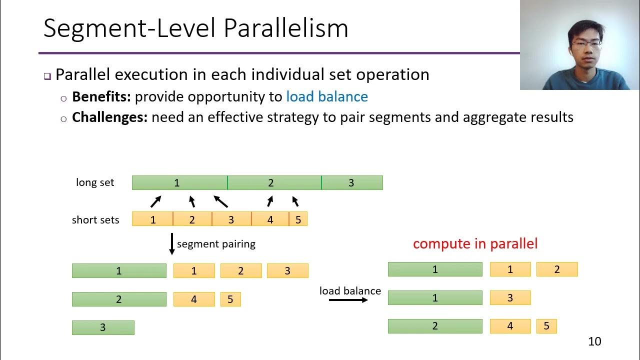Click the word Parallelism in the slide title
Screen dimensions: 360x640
pyautogui.click(x=285, y=28)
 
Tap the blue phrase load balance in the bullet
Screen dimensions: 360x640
pyautogui.click(x=326, y=96)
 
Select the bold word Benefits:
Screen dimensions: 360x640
pyautogui.click(x=101, y=96)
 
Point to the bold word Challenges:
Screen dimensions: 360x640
pyautogui.click(x=109, y=117)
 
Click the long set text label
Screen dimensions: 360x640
pyautogui.click(x=95, y=182)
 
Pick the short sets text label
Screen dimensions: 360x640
pyautogui.click(x=95, y=220)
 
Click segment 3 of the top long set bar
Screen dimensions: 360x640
pyautogui.click(x=351, y=183)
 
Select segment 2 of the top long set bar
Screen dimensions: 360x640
pyautogui.click(x=274, y=183)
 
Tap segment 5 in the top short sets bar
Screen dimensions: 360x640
pyautogui.click(x=298, y=219)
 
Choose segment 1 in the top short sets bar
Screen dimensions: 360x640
pyautogui.click(x=152, y=219)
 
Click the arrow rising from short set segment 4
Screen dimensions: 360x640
pyautogui.click(x=270, y=201)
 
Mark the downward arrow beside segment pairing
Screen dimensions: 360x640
pyautogui.click(x=171, y=244)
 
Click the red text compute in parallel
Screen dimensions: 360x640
pyautogui.click(x=475, y=244)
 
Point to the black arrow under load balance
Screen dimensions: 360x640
pyautogui.click(x=348, y=300)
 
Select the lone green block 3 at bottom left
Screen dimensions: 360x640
pyautogui.click(x=103, y=327)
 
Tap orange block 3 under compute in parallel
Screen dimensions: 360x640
pyautogui.click(x=510, y=298)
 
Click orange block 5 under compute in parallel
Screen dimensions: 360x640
pyautogui.click(x=546, y=326)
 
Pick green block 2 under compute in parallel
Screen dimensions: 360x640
pyautogui.click(x=435, y=326)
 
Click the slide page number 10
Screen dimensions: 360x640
pyautogui.click(x=594, y=341)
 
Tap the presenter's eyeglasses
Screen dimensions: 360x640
pyautogui.click(x=586, y=44)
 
